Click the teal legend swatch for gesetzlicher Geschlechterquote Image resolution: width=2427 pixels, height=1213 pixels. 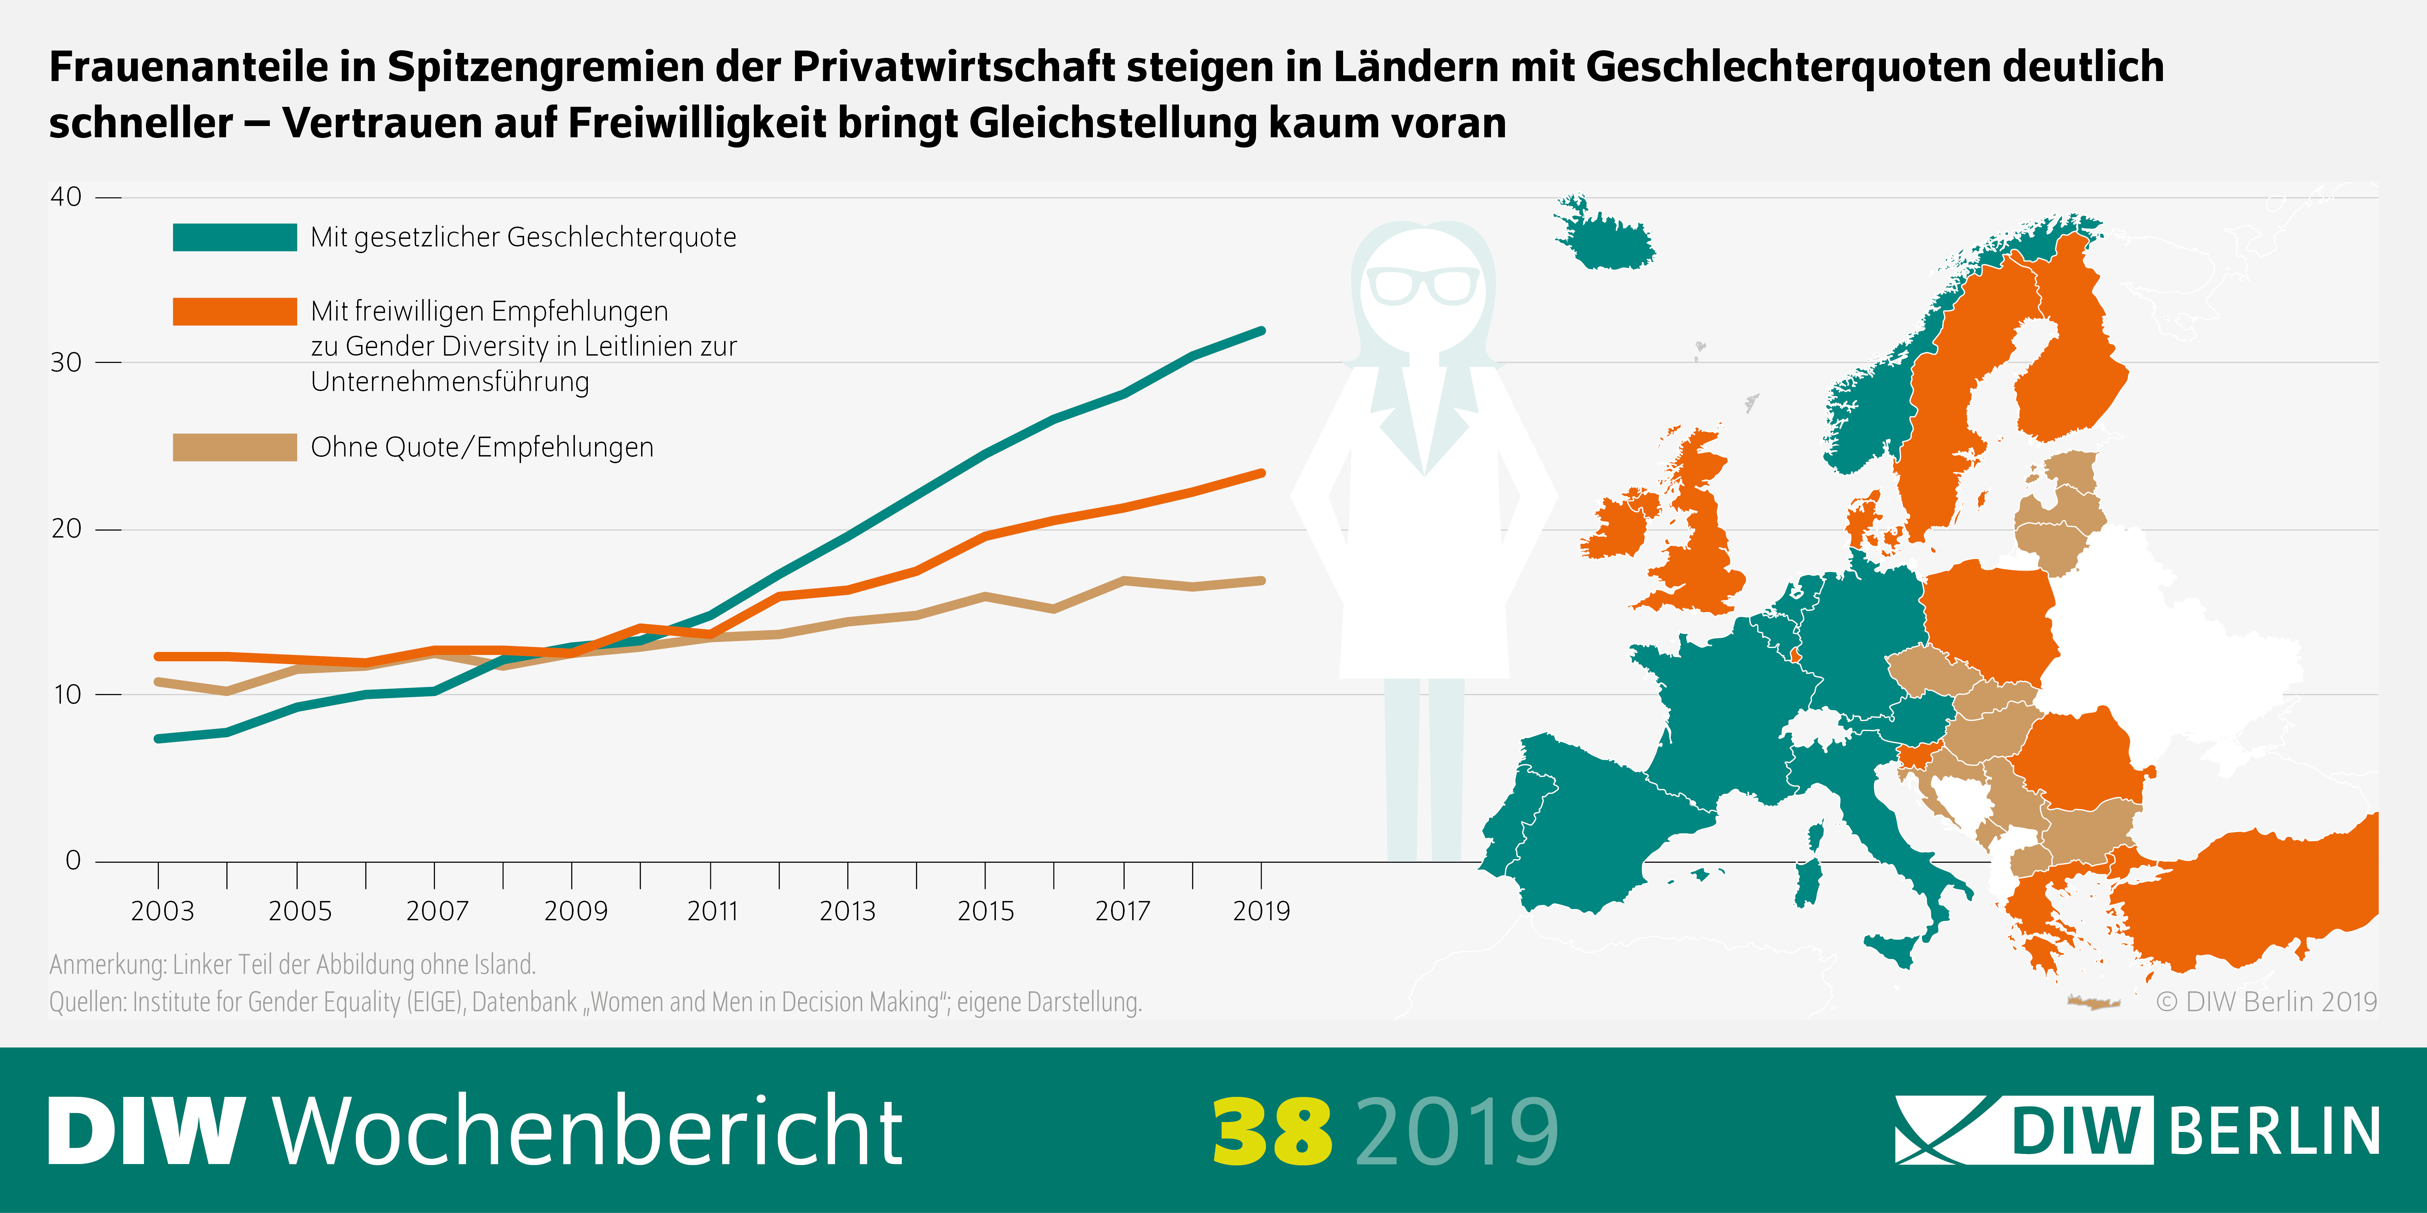coord(235,237)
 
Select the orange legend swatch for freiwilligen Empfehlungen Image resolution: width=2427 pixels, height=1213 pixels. coord(235,312)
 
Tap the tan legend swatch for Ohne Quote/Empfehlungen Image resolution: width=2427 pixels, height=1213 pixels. coord(235,447)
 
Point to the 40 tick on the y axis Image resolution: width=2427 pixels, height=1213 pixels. coord(66,197)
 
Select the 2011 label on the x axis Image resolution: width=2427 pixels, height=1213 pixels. coord(712,911)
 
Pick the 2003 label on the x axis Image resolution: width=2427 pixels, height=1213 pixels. coord(162,911)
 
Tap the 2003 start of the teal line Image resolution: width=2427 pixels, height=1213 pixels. coord(158,738)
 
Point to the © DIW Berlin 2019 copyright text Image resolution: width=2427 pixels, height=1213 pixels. coord(2266,1001)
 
